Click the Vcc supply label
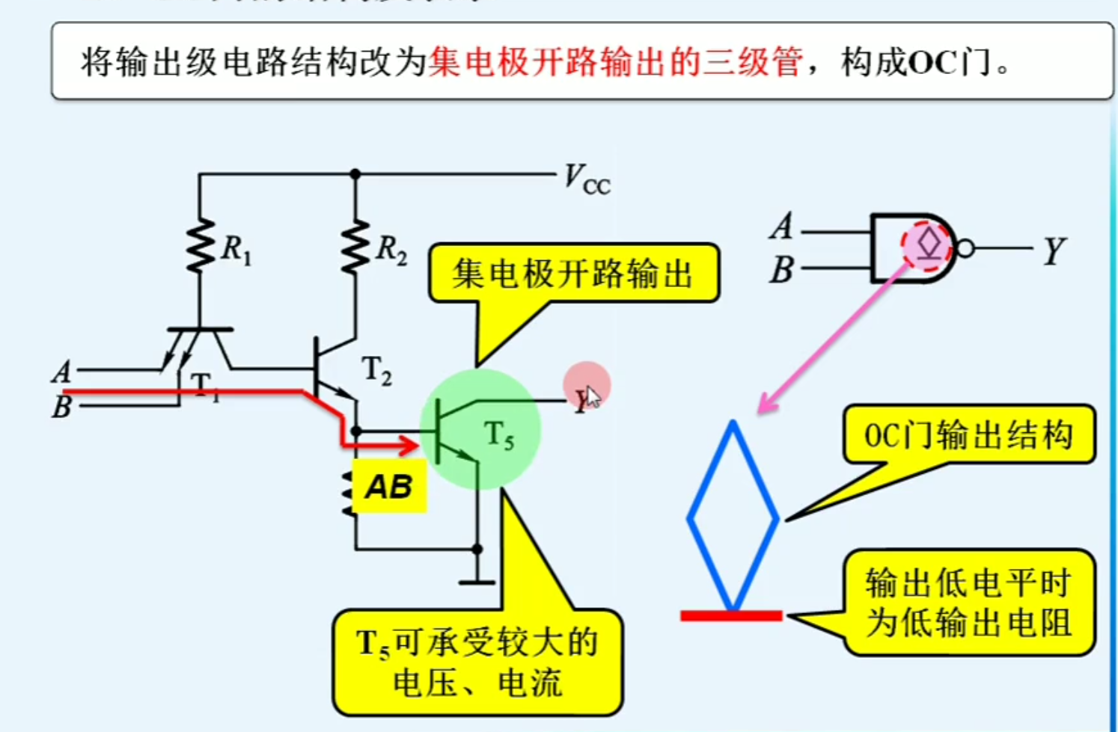[586, 179]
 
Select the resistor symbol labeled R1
[201, 245]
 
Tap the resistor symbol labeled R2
[355, 245]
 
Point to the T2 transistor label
[376, 371]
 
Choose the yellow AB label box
[389, 487]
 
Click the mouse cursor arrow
[592, 396]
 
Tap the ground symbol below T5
[477, 581]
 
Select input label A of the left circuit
[62, 372]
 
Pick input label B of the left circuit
[62, 407]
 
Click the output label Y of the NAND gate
[1053, 251]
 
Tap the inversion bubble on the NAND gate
[965, 248]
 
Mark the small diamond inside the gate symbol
[929, 244]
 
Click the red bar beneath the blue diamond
[731, 615]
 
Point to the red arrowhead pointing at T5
[409, 446]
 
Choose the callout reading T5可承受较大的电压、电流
[477, 662]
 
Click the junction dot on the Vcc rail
[355, 174]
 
